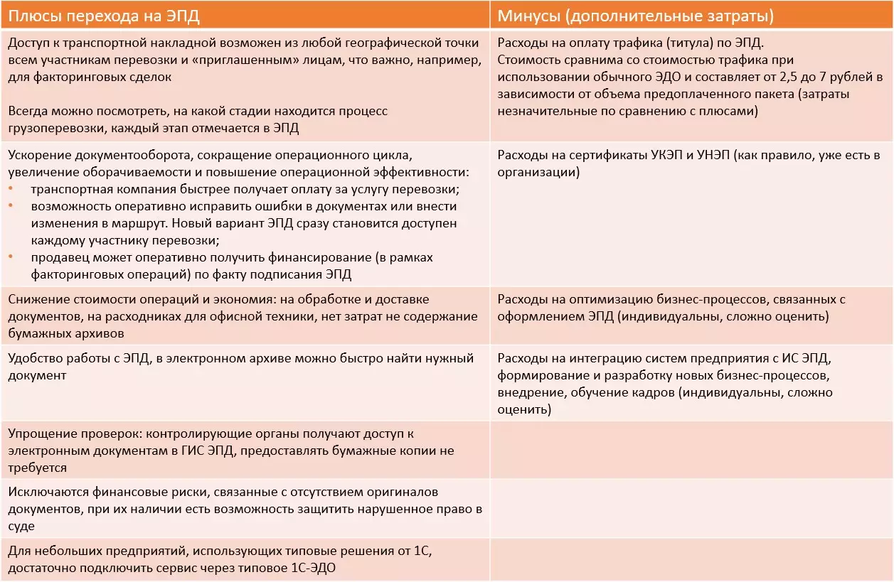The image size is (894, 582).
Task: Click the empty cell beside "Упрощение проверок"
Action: (x=691, y=450)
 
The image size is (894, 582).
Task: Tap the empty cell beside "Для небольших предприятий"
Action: (x=691, y=560)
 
